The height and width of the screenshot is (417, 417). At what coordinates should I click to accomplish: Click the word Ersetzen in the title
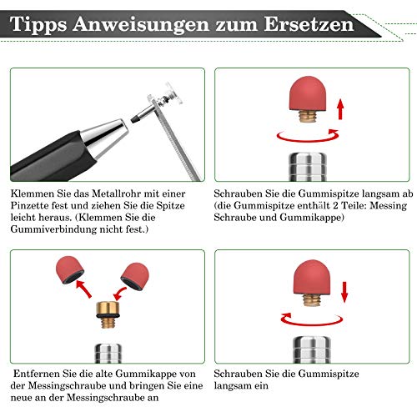(x=309, y=24)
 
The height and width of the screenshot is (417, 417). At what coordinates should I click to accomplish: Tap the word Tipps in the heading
(x=38, y=25)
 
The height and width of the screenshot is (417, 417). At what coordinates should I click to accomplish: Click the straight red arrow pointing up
(x=340, y=110)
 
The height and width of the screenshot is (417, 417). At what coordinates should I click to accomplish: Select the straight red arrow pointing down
(x=344, y=292)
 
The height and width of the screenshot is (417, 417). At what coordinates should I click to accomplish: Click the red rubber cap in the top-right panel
(x=308, y=93)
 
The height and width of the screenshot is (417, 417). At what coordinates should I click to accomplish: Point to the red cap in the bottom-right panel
(x=313, y=277)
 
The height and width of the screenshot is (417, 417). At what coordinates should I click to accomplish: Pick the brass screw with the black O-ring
(x=108, y=314)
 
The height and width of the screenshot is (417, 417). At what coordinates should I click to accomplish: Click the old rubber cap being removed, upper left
(x=69, y=269)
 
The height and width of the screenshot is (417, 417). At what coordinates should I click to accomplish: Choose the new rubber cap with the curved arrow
(x=135, y=276)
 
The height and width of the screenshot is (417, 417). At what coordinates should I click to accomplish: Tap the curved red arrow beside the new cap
(x=119, y=294)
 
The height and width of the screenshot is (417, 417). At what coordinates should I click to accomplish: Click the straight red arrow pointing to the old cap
(x=83, y=289)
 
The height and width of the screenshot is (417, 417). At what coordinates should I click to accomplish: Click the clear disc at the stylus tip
(x=173, y=93)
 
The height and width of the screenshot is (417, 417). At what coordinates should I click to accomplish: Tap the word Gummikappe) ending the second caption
(x=312, y=218)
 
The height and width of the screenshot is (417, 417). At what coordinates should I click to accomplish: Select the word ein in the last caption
(x=262, y=386)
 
